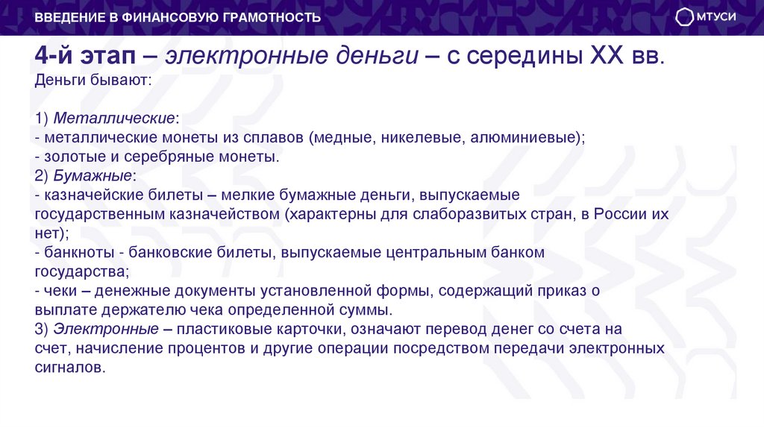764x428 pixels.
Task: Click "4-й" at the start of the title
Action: pos(56,57)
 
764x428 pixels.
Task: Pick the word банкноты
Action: pos(77,253)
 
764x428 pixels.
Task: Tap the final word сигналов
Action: pos(70,368)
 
